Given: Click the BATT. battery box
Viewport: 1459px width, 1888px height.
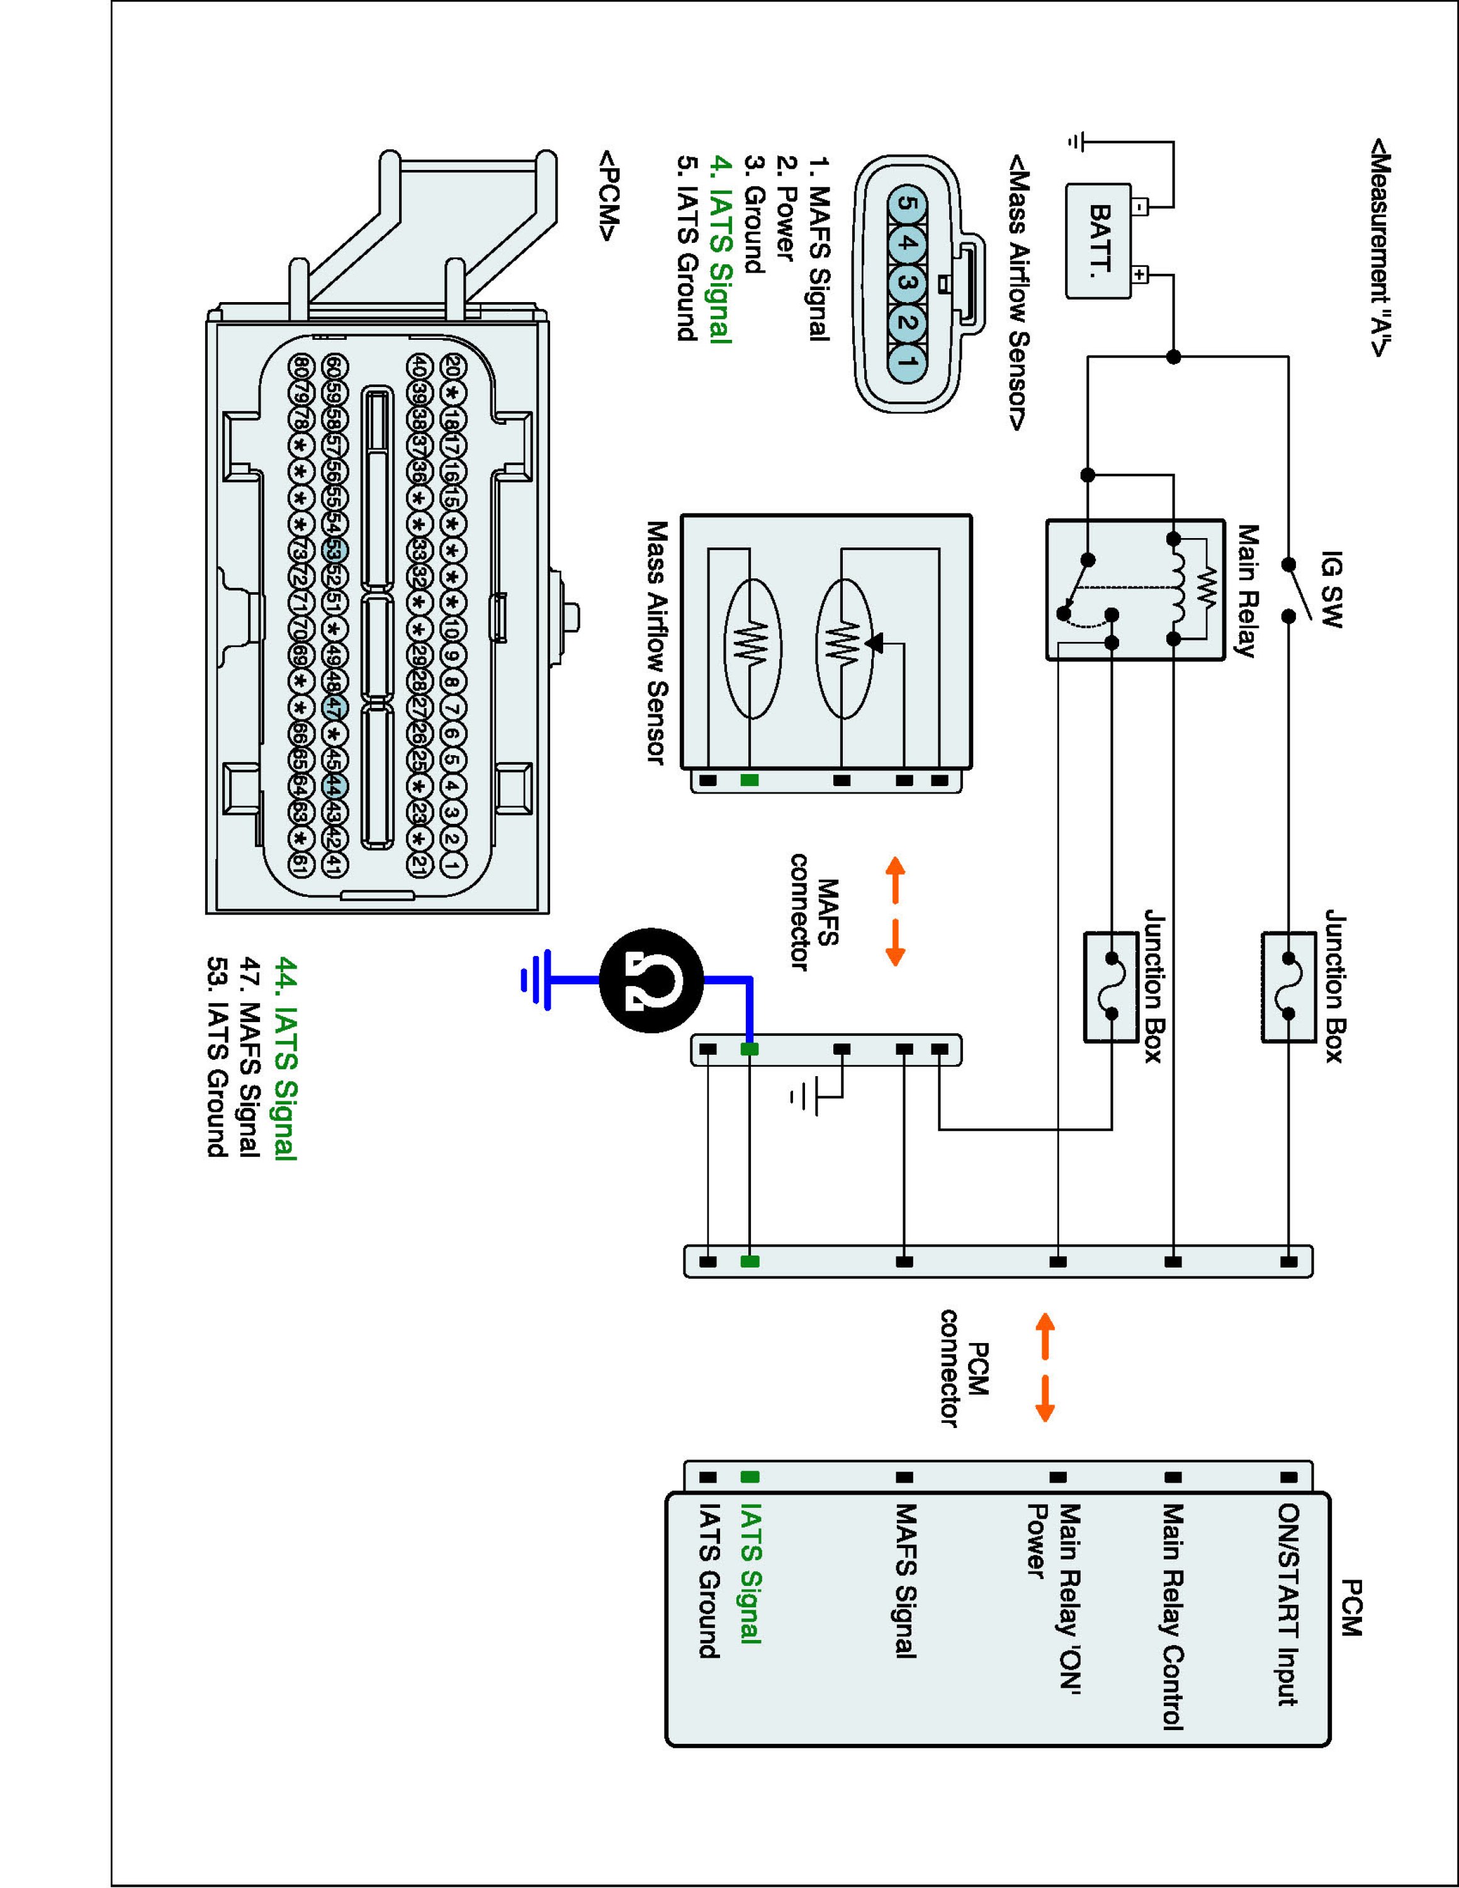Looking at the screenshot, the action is click(x=1098, y=241).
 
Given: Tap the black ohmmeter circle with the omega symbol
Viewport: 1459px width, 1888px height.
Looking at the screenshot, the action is click(x=651, y=981).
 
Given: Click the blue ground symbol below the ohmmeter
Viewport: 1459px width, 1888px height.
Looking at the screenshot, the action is click(x=537, y=981).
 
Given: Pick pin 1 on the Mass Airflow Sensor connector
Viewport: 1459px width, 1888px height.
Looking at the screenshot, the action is click(x=904, y=359).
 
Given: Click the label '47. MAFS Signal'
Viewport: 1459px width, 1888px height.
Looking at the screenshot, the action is click(x=249, y=1057).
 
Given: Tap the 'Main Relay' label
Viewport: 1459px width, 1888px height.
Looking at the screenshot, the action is click(x=1248, y=592).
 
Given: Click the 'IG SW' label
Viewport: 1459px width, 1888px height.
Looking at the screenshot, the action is click(x=1332, y=590).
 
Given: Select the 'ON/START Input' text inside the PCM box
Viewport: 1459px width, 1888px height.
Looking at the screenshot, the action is click(x=1288, y=1605).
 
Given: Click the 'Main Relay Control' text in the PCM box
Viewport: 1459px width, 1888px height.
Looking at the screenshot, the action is click(x=1172, y=1617).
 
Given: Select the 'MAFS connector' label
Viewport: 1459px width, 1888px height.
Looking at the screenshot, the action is click(x=815, y=912).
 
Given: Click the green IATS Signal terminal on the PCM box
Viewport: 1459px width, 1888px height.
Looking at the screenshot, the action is click(x=750, y=1478).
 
